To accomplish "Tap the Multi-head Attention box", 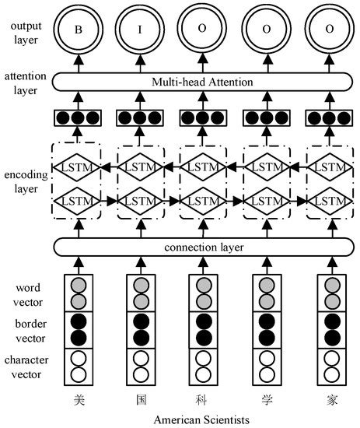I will click(202, 82).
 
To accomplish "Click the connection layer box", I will click(202, 247).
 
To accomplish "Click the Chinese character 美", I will click(77, 400).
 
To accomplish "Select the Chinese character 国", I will click(140, 400).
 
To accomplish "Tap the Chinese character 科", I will click(202, 400).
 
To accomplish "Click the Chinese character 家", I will click(327, 400).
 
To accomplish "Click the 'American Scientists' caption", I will click(202, 420).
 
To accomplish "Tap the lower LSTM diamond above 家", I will click(327, 201).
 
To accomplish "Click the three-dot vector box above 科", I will click(202, 118).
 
